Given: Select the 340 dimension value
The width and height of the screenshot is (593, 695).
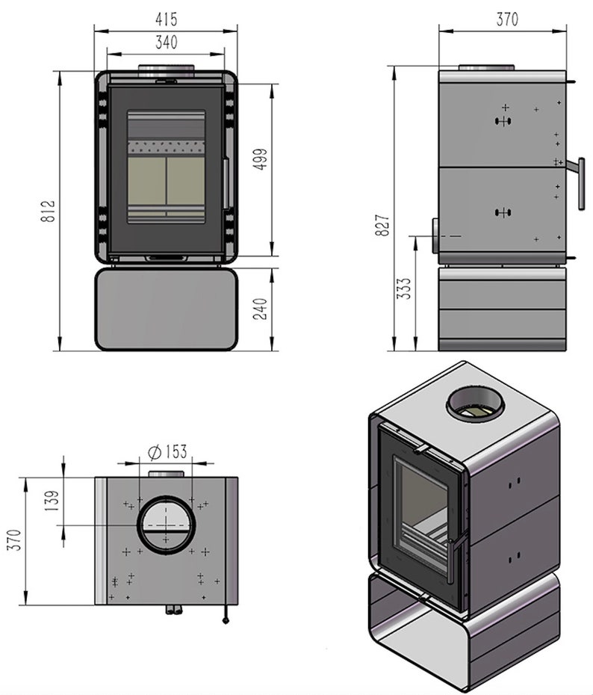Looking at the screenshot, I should [x=166, y=43].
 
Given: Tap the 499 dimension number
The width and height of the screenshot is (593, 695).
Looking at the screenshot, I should [x=261, y=158].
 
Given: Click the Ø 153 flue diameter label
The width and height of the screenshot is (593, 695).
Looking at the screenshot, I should [x=167, y=451].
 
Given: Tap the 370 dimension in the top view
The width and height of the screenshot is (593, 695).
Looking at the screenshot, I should [x=14, y=540].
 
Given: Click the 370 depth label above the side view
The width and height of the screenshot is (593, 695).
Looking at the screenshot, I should [x=507, y=20].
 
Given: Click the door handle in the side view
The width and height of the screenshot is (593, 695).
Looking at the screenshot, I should [x=580, y=183].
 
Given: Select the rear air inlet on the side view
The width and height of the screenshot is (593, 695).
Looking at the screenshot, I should [x=434, y=236].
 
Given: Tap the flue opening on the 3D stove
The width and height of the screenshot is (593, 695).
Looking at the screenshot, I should [x=476, y=406].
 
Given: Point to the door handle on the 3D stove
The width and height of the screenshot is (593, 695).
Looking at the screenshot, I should [x=454, y=557].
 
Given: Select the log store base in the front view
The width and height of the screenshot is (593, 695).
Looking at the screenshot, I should [x=166, y=309].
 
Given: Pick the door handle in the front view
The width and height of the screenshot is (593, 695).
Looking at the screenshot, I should [x=226, y=183].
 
